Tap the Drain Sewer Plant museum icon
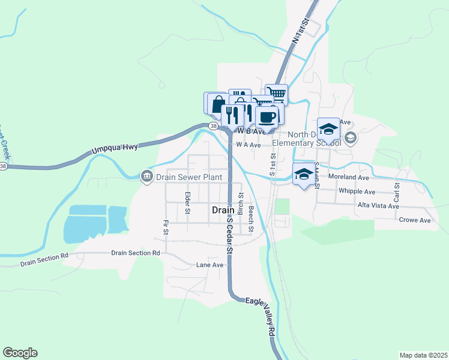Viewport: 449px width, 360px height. pos(146,176)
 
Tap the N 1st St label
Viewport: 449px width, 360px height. pos(300,30)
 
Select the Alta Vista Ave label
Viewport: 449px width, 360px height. pos(378,206)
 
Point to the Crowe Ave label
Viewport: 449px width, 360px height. pos(415,220)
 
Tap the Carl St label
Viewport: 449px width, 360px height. pos(396,192)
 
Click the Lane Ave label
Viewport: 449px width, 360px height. pos(209,265)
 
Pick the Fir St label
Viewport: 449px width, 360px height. pos(165,227)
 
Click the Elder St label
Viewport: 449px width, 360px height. pos(187,203)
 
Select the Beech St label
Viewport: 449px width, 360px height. pos(251,219)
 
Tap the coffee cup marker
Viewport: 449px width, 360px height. pos(267,116)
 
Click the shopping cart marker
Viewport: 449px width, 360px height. pos(277,94)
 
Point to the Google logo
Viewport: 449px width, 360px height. pos(20,353)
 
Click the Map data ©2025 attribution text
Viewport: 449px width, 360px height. pos(423,355)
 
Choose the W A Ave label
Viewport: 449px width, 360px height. pos(248,145)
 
